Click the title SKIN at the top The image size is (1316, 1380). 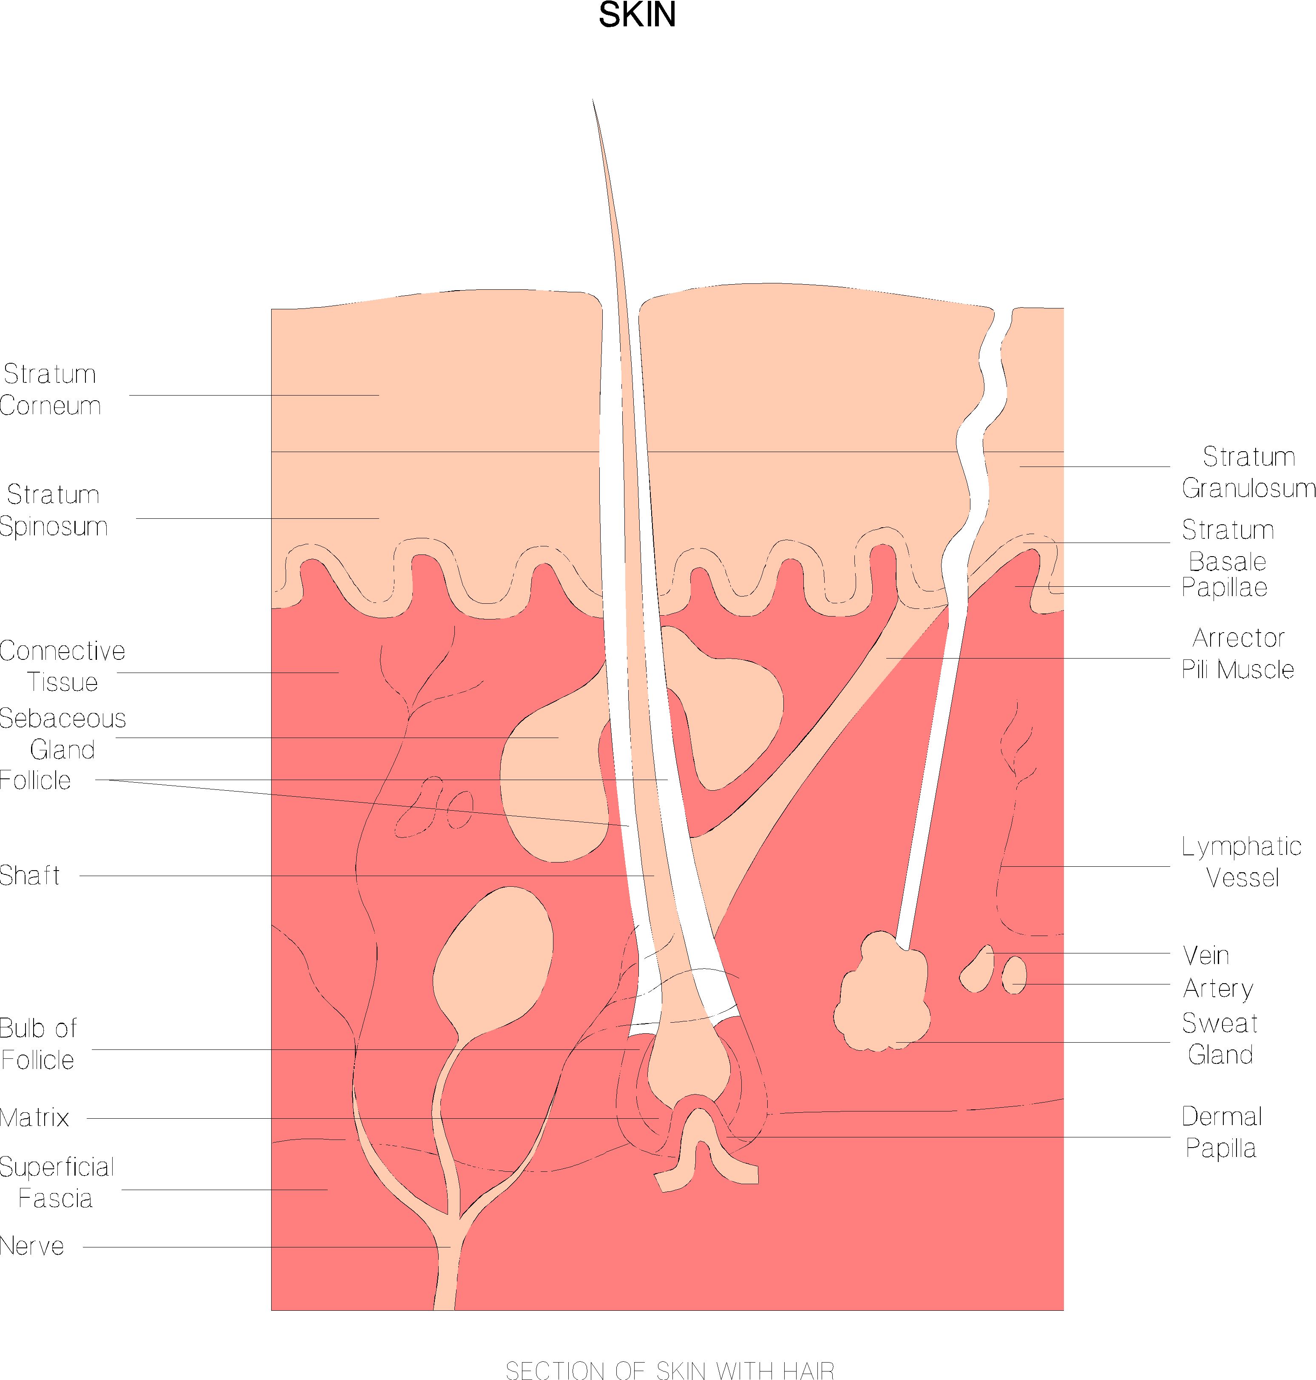637,15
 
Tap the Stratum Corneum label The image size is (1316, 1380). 51,390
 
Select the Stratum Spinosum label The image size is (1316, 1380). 53,510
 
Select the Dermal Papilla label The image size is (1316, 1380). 1221,1132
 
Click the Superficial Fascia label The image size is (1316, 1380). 56,1183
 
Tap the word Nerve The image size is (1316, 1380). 32,1246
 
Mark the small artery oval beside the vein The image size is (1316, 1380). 1014,976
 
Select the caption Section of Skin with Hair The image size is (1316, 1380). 670,1369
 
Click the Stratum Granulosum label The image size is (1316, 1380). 1248,472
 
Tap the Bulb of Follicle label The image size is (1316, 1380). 38,1044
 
